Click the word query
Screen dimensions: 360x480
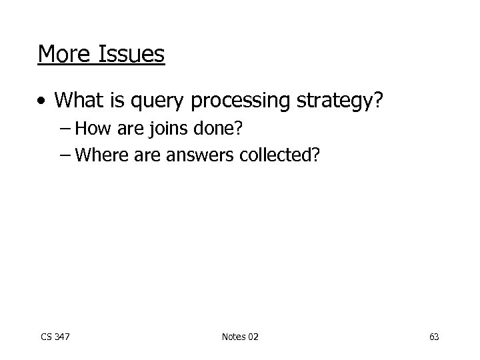coord(154,101)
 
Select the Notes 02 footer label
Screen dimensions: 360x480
coord(239,337)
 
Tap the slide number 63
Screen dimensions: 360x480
coord(434,337)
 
